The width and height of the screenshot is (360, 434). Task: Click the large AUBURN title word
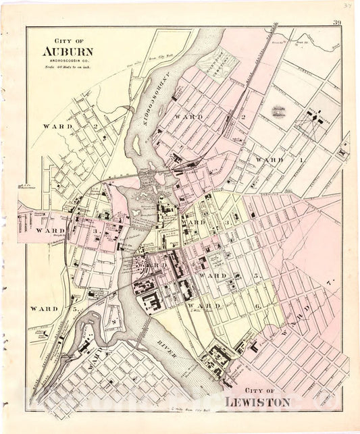tap(68, 51)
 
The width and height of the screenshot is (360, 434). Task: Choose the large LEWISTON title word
tap(263, 402)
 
